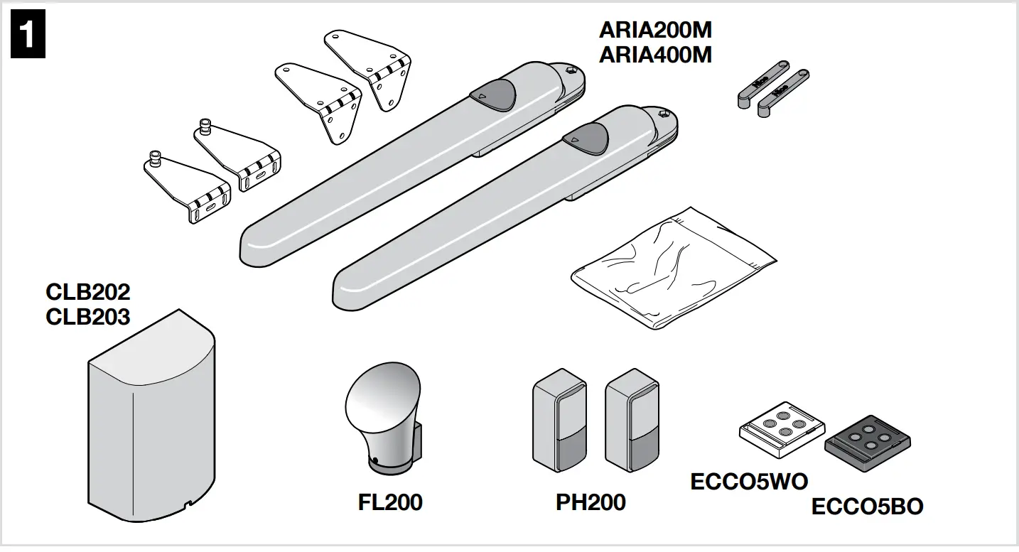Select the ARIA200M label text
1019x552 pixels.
tap(654, 31)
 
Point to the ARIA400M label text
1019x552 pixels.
tap(654, 55)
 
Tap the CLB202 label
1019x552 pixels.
tap(88, 292)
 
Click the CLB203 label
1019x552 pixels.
tap(88, 316)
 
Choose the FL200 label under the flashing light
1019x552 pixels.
tap(390, 502)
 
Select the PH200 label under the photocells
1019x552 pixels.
tap(591, 502)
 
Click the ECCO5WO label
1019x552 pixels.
tap(749, 482)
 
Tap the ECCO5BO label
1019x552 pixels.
tap(867, 507)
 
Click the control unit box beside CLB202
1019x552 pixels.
tap(151, 419)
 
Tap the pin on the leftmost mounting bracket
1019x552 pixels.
tap(154, 158)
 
